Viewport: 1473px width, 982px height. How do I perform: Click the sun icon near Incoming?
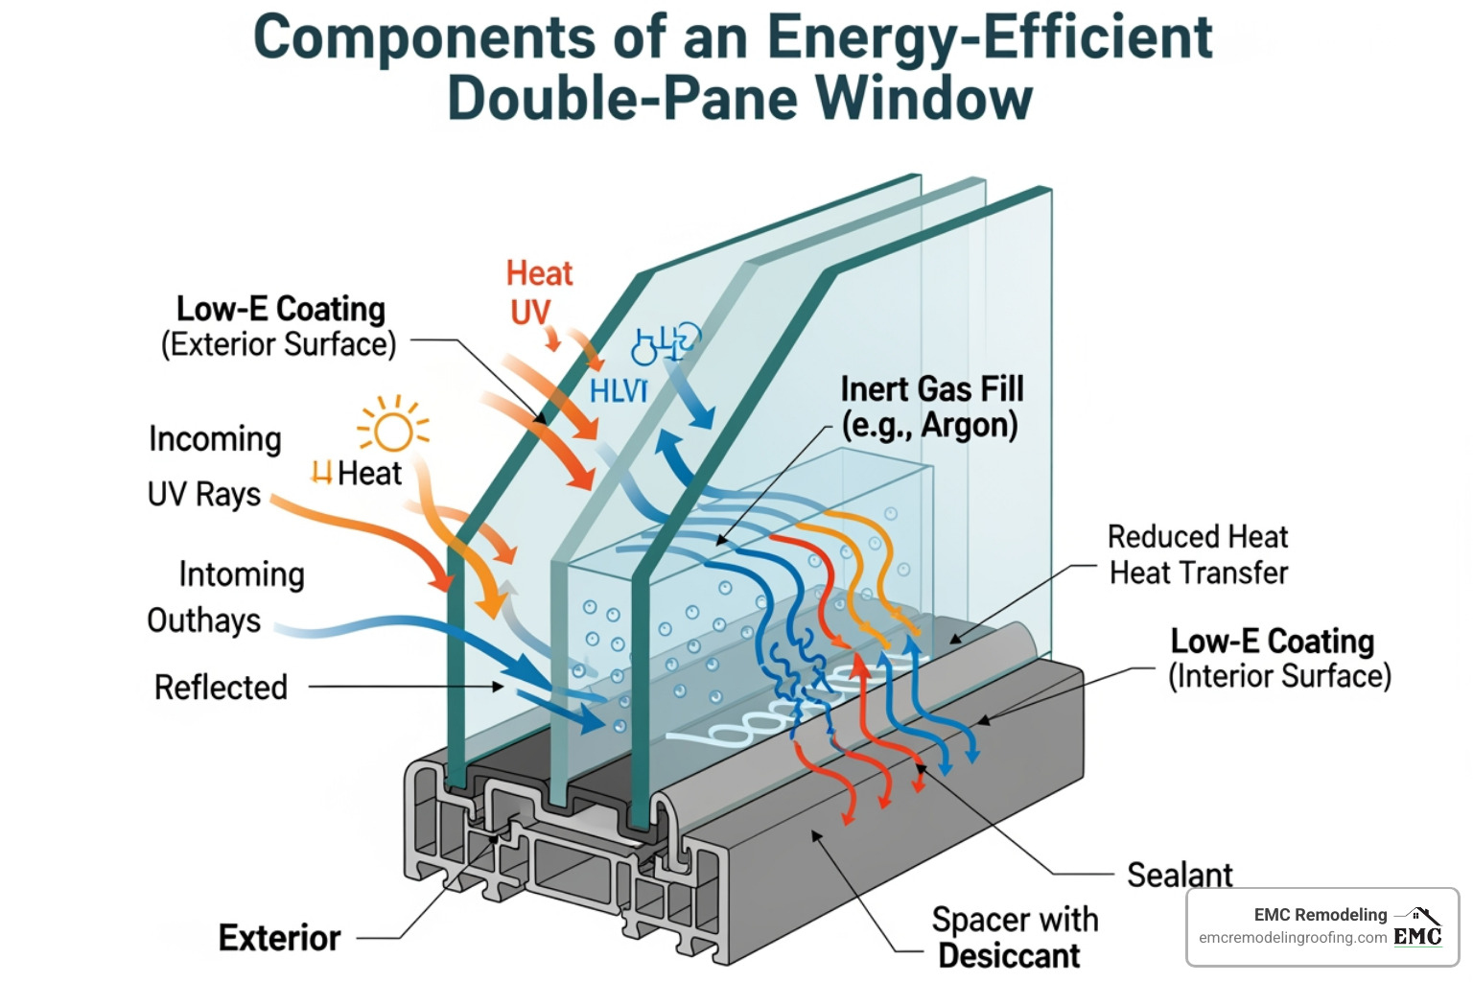click(x=393, y=428)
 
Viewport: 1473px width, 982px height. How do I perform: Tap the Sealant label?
click(x=1179, y=875)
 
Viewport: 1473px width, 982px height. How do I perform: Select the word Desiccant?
click(x=1009, y=955)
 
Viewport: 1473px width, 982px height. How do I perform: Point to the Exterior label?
click(x=279, y=937)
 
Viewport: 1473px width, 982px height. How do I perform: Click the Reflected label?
click(x=221, y=687)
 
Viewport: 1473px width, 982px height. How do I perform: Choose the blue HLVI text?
click(x=619, y=391)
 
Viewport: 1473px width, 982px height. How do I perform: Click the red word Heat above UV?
click(x=539, y=273)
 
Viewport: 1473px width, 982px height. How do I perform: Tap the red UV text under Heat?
click(x=530, y=312)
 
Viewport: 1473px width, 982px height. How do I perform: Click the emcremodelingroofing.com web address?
click(x=1293, y=938)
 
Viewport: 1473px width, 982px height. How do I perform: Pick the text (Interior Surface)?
click(x=1279, y=676)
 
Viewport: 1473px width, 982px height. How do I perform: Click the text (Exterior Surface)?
click(x=278, y=344)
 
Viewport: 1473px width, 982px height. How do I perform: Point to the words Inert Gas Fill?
click(x=932, y=388)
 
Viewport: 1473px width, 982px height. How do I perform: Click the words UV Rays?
click(x=203, y=494)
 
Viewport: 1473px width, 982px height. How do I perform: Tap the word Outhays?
click(x=203, y=620)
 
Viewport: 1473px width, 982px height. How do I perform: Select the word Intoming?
click(x=242, y=573)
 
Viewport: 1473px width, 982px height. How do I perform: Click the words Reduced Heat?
click(x=1198, y=536)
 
